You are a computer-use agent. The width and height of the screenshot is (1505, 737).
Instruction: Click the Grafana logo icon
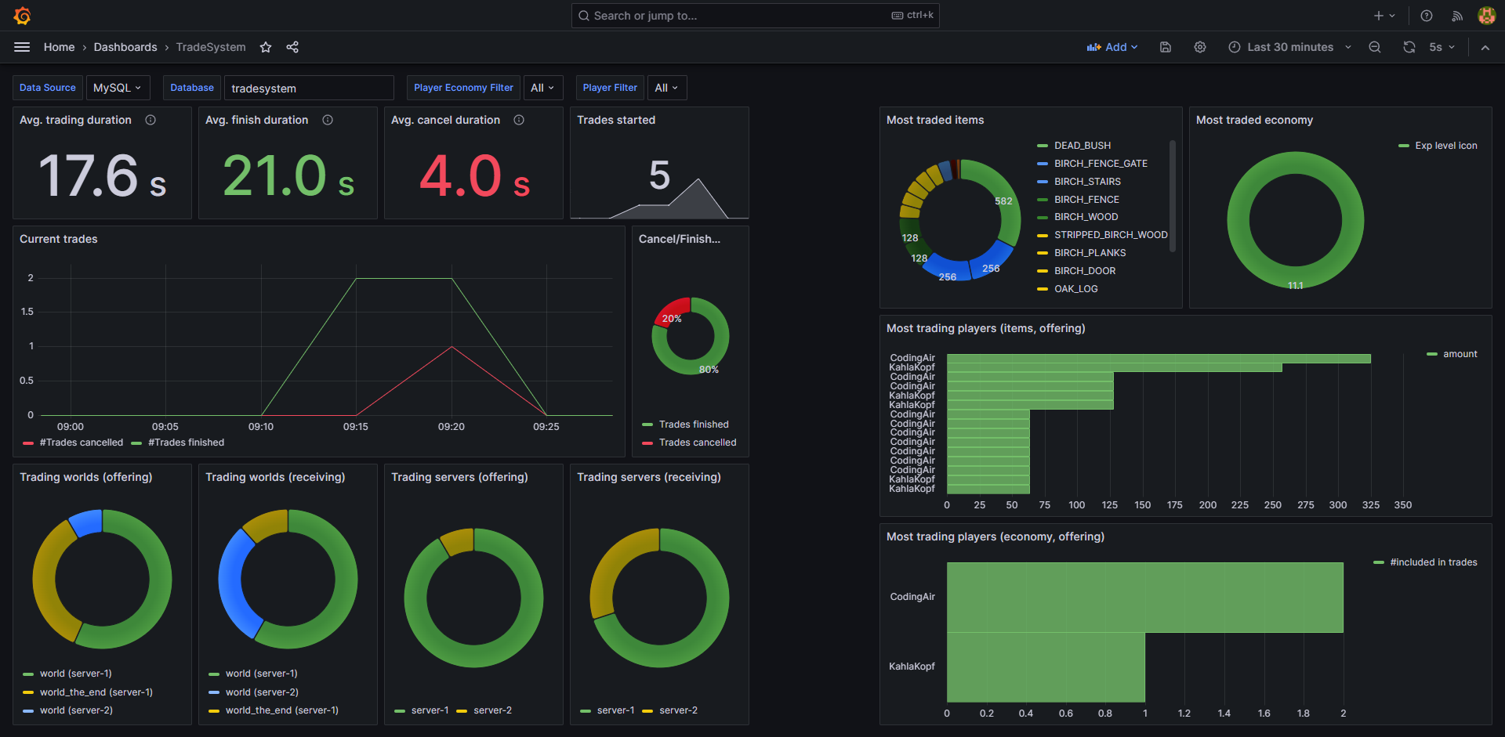[22, 16]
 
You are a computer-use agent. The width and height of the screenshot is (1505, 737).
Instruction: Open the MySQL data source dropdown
[117, 88]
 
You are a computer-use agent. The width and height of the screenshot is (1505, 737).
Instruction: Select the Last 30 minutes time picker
[1289, 47]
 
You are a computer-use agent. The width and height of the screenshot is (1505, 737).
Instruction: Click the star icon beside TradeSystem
[266, 47]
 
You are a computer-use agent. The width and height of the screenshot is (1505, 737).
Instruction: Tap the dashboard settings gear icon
[1199, 47]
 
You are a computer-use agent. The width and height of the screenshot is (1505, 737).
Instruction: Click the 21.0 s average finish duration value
[287, 176]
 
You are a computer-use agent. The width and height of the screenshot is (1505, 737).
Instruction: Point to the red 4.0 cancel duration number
[460, 176]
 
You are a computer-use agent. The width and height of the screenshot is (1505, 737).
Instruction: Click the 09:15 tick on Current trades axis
[355, 427]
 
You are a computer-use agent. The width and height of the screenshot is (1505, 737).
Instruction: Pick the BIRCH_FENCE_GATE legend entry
[1100, 164]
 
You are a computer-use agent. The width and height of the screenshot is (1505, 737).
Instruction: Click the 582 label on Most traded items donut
[1003, 201]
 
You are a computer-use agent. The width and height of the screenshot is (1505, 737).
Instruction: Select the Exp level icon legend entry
[1445, 146]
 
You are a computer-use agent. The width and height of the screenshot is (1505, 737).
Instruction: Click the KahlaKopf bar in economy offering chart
[1045, 667]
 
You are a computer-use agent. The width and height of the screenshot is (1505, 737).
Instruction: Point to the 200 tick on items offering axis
[1207, 505]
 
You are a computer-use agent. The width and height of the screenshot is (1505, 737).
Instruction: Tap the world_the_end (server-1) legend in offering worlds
[96, 692]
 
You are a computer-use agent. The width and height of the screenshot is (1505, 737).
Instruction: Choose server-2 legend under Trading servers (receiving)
[677, 710]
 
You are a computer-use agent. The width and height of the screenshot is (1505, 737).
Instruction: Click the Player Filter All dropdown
[666, 88]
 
